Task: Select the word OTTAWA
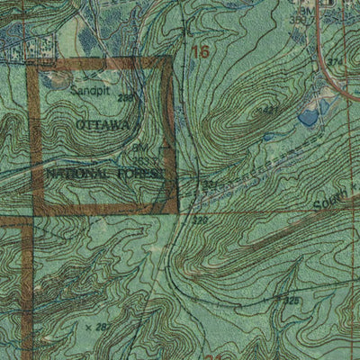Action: tap(103, 122)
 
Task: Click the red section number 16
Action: tap(199, 52)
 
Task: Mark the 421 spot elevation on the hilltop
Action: tap(265, 109)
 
